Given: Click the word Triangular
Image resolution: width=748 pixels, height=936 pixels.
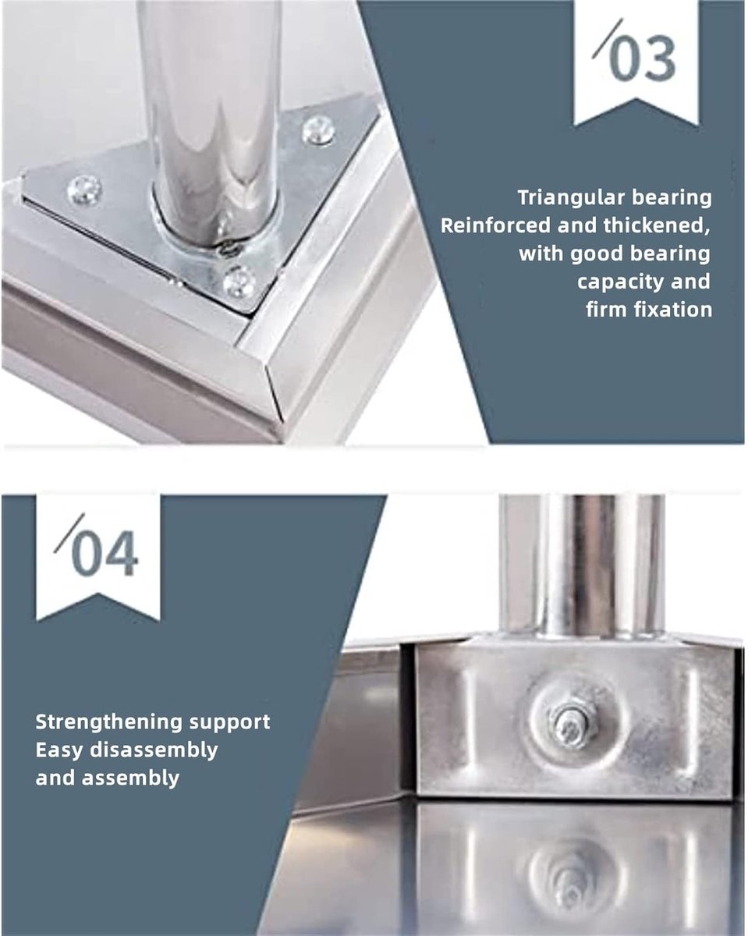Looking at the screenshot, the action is pos(571,198).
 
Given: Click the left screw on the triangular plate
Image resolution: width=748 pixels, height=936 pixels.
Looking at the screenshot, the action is pos(84,190).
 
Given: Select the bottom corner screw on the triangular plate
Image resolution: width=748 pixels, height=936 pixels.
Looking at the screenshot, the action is pos(239,282).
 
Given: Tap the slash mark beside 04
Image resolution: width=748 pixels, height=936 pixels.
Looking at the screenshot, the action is pos(69,534).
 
